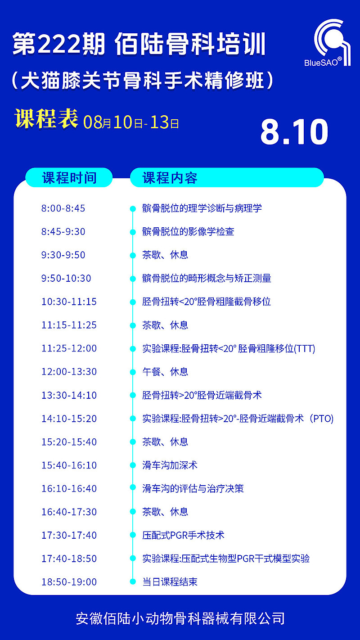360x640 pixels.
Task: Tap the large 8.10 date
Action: tap(294, 132)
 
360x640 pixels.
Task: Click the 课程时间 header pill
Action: tap(69, 177)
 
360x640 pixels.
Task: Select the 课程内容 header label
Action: tap(170, 178)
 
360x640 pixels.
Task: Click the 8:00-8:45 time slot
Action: tap(63, 208)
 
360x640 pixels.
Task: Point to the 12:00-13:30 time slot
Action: tap(69, 372)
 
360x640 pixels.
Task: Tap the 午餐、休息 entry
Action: tap(165, 372)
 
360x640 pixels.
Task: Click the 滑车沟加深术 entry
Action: tap(170, 465)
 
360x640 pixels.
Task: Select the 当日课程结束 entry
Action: tap(170, 581)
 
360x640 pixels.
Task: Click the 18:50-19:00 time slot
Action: tap(69, 581)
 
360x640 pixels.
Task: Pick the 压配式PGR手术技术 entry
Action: tap(183, 535)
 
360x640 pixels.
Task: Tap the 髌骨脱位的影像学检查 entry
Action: tap(188, 231)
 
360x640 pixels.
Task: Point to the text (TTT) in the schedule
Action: tap(305, 348)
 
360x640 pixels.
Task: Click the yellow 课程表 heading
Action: tap(46, 119)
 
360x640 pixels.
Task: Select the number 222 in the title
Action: tap(59, 44)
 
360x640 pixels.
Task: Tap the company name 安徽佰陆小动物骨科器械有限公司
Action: tap(180, 618)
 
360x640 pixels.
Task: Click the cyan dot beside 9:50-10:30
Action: tap(133, 279)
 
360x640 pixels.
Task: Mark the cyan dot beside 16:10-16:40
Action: tap(133, 489)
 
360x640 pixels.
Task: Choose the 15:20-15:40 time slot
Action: tap(69, 442)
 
